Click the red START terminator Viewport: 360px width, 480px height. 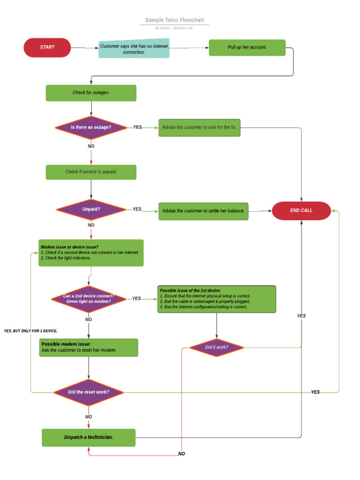tap(47, 47)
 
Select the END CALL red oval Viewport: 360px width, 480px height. tap(301, 210)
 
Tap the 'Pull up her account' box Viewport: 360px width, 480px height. tap(247, 47)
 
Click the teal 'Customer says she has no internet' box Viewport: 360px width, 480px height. tap(134, 49)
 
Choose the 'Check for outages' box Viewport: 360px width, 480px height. tap(91, 93)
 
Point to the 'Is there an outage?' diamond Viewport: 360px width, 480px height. tap(91, 127)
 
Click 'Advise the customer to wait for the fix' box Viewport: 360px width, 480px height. tap(199, 127)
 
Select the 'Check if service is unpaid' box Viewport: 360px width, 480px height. tap(91, 172)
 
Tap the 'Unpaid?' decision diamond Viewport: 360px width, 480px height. tap(91, 210)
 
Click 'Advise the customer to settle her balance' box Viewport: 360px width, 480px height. tap(203, 211)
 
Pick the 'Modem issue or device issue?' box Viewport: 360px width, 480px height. tap(91, 253)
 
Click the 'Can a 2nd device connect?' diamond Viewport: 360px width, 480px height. tap(89, 299)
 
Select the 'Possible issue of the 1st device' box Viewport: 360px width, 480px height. tap(217, 299)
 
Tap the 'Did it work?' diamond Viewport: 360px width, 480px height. tap(217, 347)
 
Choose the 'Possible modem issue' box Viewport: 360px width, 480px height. tap(89, 348)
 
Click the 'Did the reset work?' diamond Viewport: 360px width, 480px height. tap(89, 392)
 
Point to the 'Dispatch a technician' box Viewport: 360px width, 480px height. tap(89, 437)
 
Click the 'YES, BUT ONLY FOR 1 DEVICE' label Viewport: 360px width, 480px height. tap(30, 331)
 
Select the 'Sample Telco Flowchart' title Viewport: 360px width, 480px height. tap(174, 20)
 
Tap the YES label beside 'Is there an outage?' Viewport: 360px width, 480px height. tap(137, 127)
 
